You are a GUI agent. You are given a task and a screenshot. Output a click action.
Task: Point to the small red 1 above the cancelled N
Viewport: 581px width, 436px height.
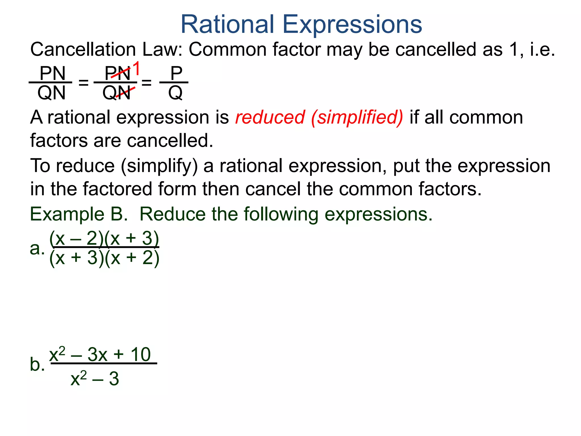(x=136, y=69)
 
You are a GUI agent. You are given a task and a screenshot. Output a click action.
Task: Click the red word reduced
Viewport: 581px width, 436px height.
(x=270, y=117)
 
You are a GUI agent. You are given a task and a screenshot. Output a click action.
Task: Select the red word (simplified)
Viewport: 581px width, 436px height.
(x=357, y=118)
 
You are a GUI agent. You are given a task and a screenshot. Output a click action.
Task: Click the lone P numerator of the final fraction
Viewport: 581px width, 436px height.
(x=176, y=73)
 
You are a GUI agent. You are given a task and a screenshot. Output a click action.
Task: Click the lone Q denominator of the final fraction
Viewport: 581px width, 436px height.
(x=175, y=93)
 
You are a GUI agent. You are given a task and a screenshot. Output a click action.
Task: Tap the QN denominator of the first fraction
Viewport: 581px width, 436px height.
(x=51, y=93)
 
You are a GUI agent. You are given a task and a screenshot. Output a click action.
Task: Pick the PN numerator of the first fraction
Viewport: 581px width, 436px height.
(x=52, y=73)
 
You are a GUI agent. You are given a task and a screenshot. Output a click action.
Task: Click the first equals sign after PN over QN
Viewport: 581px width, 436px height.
(x=83, y=83)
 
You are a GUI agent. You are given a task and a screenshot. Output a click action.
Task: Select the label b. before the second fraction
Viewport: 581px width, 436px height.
(x=37, y=364)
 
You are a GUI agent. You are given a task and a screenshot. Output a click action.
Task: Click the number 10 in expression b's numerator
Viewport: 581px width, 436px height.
(x=140, y=355)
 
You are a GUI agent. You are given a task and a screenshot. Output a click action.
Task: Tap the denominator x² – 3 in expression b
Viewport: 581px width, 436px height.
(x=95, y=379)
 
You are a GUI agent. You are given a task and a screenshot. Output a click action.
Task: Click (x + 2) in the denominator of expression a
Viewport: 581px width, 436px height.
(x=132, y=258)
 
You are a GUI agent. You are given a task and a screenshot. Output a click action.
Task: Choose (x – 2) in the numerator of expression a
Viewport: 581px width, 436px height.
(x=77, y=238)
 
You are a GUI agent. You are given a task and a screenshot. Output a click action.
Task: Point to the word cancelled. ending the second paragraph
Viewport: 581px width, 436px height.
(x=170, y=141)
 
